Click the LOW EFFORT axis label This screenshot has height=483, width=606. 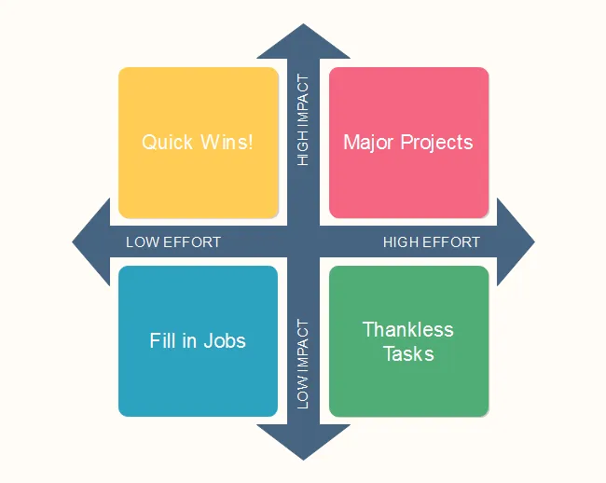173,242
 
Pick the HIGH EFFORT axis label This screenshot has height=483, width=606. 432,242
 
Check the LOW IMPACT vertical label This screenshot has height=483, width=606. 303,364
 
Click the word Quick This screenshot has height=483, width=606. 167,143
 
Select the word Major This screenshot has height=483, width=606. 368,143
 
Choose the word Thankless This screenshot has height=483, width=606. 408,329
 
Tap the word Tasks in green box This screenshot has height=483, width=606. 408,353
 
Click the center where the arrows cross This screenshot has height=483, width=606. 303,242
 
